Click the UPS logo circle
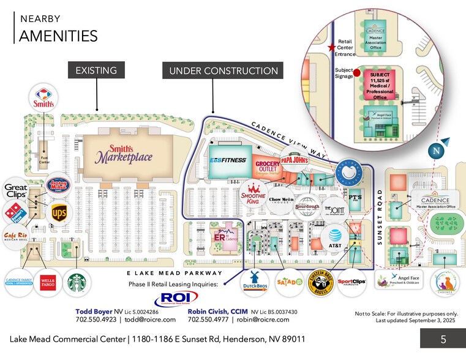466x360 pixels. click(x=59, y=212)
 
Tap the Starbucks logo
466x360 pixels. click(x=77, y=282)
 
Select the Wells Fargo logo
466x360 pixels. click(x=48, y=282)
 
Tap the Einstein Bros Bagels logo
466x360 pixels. click(x=320, y=282)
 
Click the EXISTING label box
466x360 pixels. click(x=96, y=71)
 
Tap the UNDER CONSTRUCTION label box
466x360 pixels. click(x=223, y=71)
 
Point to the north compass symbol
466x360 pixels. click(x=437, y=149)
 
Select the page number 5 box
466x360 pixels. click(x=443, y=339)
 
